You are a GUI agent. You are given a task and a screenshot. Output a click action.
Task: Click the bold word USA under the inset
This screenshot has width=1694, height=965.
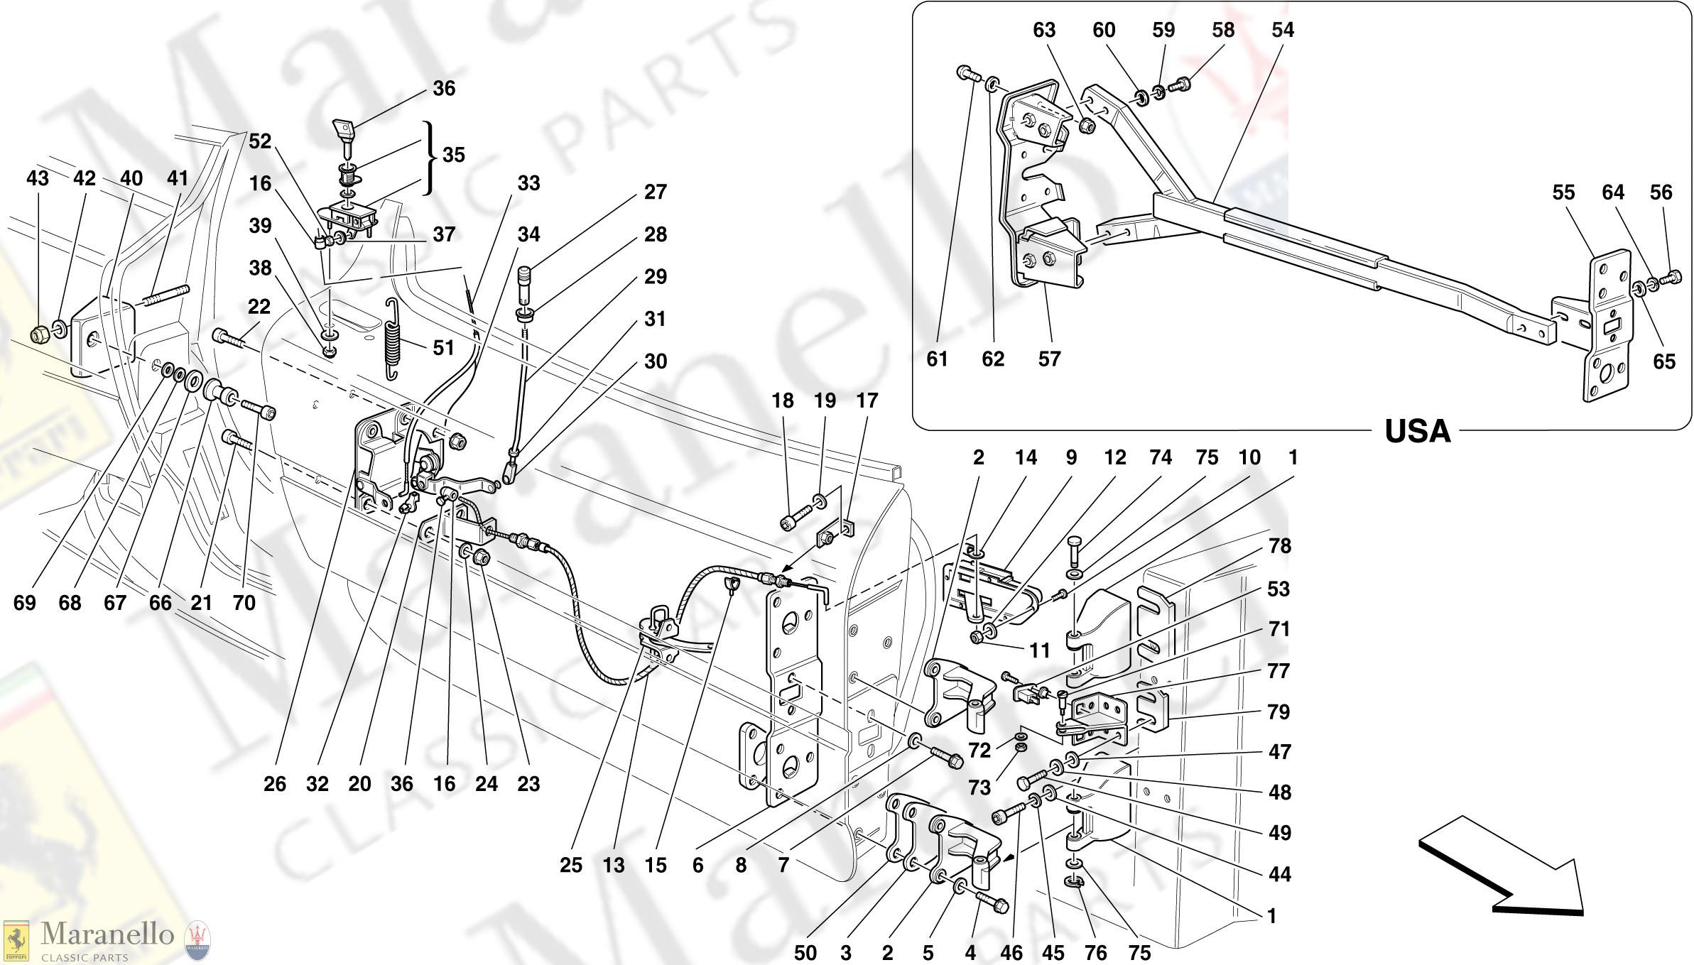coord(1417,432)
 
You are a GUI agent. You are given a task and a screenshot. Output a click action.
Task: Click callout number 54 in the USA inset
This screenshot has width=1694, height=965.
coord(1282,30)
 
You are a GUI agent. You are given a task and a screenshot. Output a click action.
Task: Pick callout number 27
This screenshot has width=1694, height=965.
coord(655,192)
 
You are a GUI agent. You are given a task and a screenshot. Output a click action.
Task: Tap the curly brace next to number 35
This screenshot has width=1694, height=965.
coord(428,156)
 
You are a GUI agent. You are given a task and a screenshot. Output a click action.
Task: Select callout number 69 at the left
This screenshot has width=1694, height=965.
coord(24,603)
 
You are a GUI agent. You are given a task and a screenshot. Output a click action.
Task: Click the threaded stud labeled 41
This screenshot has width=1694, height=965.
coord(168,295)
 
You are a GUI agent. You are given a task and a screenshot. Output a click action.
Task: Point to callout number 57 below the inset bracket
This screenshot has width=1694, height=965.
coord(1049,359)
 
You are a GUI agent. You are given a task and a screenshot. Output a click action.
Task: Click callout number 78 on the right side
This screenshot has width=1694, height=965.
coord(1279,545)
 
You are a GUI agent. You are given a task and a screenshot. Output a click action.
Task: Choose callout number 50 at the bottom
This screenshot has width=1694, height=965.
coord(805,952)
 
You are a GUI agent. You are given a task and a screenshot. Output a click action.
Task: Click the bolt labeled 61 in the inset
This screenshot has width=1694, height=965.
coord(966,73)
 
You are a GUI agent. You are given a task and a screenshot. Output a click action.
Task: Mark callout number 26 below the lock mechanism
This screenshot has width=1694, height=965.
coord(275,784)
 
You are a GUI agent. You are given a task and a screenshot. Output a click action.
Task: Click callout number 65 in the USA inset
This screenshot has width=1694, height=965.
coord(1663,361)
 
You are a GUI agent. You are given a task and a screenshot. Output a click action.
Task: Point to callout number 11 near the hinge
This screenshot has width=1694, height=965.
coord(1039,650)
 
